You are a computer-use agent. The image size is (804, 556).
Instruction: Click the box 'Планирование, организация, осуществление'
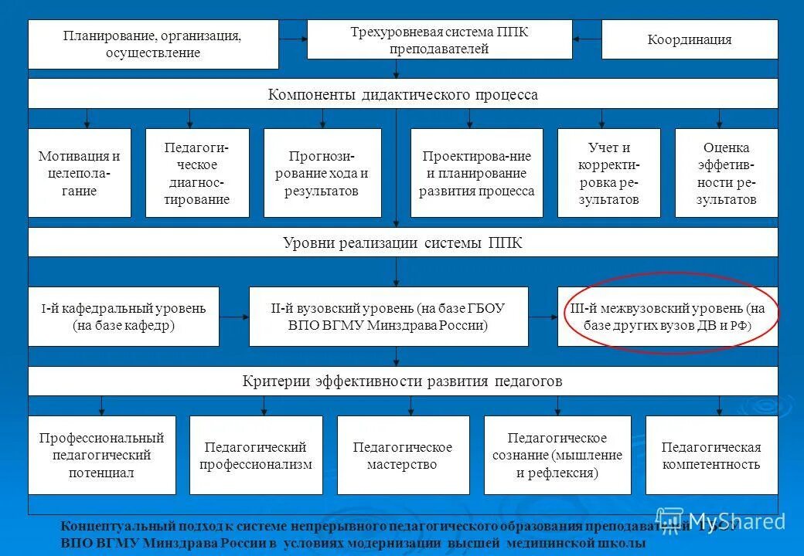153,44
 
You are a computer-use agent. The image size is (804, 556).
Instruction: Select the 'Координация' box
690,39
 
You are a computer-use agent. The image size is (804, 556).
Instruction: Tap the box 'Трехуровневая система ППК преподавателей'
439,40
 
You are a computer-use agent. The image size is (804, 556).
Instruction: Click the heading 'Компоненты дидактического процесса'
403,94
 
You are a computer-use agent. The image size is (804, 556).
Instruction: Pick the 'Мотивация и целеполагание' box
80,173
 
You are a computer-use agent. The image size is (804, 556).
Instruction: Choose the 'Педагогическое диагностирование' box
197,173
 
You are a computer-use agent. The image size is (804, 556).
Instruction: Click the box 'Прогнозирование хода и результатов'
322,173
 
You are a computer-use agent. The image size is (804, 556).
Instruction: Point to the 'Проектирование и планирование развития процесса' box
477,173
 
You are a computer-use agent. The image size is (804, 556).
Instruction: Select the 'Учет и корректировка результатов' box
608,173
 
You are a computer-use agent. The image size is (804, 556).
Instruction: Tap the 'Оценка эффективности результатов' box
726,173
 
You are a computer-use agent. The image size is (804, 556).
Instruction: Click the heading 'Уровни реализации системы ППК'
403,242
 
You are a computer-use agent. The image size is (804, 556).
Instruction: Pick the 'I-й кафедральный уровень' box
124,317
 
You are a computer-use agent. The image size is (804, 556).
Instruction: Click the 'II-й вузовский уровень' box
388,317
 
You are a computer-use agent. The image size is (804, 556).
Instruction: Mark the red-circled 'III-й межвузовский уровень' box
668,317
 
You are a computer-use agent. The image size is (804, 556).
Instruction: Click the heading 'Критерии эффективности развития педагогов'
403,381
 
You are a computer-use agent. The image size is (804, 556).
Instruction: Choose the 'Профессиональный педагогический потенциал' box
102,456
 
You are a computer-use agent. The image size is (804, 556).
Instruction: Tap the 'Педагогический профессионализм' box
256,456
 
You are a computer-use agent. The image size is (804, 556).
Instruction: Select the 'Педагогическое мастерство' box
403,456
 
